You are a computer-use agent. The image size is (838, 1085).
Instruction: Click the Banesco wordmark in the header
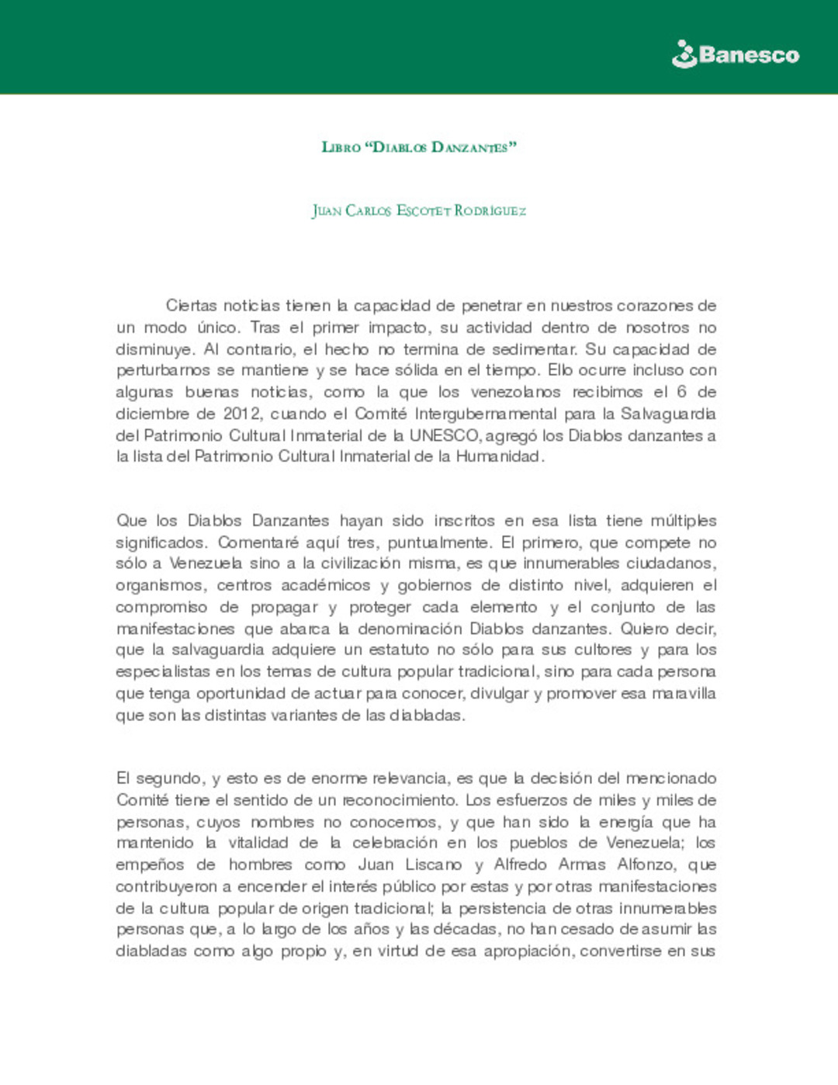point(749,55)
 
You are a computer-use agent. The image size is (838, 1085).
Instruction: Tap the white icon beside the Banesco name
point(684,55)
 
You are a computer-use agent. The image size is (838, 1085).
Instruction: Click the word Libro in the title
point(341,147)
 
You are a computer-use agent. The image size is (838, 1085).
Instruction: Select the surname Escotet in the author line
point(424,211)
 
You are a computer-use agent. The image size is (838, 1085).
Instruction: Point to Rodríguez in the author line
point(490,211)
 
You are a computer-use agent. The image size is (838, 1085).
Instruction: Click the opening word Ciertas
point(191,306)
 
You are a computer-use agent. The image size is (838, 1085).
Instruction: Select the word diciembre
point(154,414)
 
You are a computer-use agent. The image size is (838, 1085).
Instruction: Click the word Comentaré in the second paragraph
point(257,542)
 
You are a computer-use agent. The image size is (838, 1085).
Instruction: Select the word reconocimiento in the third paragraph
point(400,800)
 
